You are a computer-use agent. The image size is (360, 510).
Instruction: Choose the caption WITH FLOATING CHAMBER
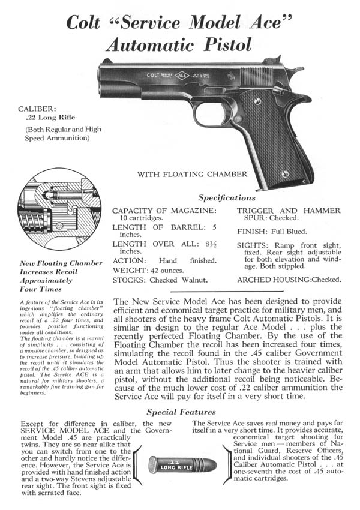tap(192, 175)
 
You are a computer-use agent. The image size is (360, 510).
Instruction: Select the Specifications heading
tap(227, 197)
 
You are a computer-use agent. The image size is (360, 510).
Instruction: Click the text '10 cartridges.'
tap(134, 218)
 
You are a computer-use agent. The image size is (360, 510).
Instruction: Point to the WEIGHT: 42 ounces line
tap(148, 269)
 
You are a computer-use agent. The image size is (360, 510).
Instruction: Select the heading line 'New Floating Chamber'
tap(53, 262)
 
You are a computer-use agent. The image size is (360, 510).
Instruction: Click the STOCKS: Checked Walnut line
tap(160, 279)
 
